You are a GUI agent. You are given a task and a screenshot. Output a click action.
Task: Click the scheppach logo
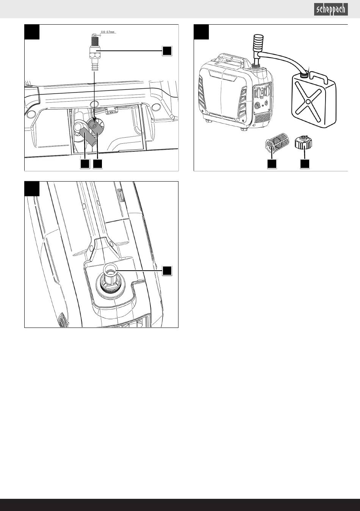pos(331,9)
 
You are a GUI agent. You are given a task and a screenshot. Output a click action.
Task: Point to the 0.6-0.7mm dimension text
pos(108,32)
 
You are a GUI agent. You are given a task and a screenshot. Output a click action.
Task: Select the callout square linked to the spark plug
pos(167,51)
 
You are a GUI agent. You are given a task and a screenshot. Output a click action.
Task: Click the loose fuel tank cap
pos(304,143)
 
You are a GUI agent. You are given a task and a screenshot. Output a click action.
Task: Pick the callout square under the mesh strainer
pos(272,164)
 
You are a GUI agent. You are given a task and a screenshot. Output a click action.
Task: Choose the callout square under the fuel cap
pos(305,164)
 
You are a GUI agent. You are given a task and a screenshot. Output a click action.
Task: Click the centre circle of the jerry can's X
pos(308,101)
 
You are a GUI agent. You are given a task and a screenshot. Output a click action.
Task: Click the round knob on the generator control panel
pos(257,106)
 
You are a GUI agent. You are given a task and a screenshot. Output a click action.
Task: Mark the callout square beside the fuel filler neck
pos(167,271)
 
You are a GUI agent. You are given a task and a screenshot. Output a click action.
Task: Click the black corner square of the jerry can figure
pos(201,32)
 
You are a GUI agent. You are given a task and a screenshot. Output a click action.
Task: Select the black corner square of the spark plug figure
pos(32,32)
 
